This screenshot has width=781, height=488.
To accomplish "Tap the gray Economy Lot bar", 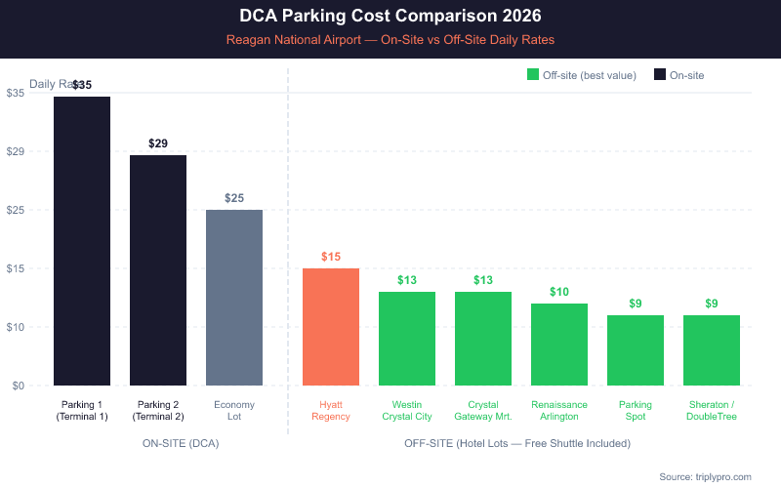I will pyautogui.click(x=234, y=298).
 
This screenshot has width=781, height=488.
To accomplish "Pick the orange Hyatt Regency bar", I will pyautogui.click(x=331, y=327).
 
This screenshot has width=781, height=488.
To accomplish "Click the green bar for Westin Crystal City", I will pyautogui.click(x=407, y=339).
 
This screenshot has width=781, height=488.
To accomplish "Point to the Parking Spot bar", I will pyautogui.click(x=636, y=350).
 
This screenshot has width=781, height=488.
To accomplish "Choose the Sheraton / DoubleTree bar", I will pyautogui.click(x=712, y=350).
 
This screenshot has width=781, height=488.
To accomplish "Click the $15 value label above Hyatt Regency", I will pyautogui.click(x=331, y=257).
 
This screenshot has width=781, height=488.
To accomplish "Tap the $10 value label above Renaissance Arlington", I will pyautogui.click(x=559, y=292).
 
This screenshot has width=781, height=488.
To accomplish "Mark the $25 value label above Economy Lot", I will pyautogui.click(x=234, y=198).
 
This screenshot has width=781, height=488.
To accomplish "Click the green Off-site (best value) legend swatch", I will pyautogui.click(x=533, y=75).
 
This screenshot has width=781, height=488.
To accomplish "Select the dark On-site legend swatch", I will pyautogui.click(x=660, y=75).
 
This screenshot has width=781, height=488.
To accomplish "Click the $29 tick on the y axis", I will pyautogui.click(x=15, y=151).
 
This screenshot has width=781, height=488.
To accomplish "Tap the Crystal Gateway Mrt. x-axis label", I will pyautogui.click(x=483, y=410).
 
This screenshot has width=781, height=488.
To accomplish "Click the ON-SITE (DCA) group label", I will pyautogui.click(x=181, y=443).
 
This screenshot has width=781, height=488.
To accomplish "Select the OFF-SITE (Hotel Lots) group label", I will pyautogui.click(x=517, y=443).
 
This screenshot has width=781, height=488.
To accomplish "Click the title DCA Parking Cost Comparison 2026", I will pyautogui.click(x=390, y=17).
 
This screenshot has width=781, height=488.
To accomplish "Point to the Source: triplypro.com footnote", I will pyautogui.click(x=705, y=476).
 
